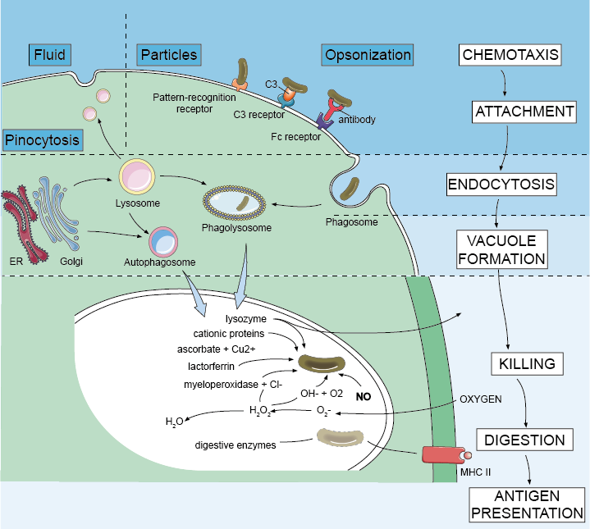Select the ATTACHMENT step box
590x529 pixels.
point(522,112)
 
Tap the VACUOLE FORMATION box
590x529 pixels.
point(501,249)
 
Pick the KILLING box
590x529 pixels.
point(527,363)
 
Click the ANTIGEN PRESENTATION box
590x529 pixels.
point(528,504)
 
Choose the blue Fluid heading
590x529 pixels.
point(49,55)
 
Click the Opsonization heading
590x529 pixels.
point(368,55)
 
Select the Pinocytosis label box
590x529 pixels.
point(43,139)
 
